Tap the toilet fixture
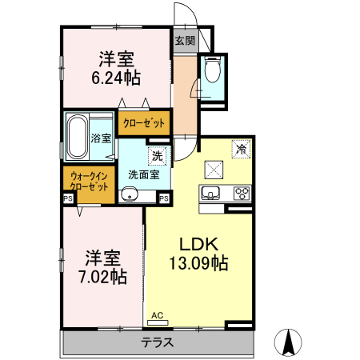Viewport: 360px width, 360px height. (x=213, y=71)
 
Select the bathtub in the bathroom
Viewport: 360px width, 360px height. (x=78, y=137)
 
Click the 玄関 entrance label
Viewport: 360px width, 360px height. (x=185, y=41)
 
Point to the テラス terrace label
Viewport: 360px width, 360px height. (x=158, y=342)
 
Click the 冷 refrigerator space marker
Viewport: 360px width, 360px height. (x=239, y=148)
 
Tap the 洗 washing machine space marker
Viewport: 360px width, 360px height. (x=158, y=154)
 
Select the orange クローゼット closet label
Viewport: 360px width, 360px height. (x=145, y=123)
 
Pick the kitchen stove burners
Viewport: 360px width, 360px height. (x=242, y=193)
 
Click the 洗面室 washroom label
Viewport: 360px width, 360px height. (x=143, y=174)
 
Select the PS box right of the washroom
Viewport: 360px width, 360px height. (x=163, y=198)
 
